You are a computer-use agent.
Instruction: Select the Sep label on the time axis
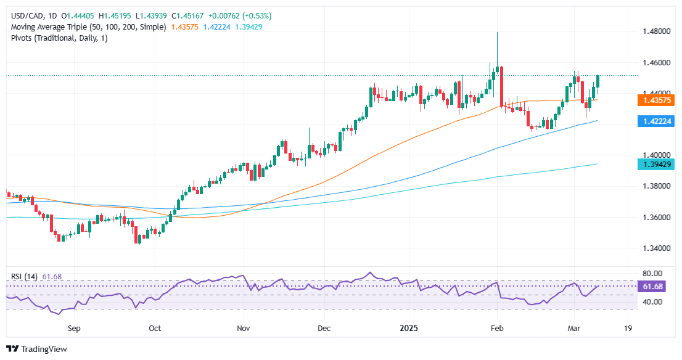(x=74, y=329)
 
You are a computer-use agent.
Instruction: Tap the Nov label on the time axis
(x=244, y=329)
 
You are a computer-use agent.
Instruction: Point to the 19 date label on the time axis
(x=628, y=329)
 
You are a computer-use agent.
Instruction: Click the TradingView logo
(x=36, y=349)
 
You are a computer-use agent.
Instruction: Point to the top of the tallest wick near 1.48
(x=497, y=33)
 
